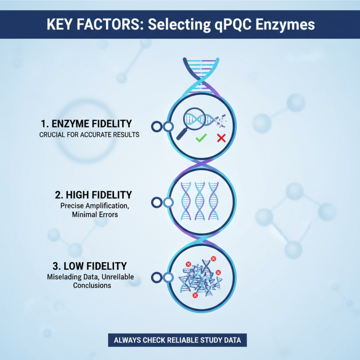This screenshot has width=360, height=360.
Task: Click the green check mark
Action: coord(201,138)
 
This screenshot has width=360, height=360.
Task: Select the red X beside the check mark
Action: coord(221,138)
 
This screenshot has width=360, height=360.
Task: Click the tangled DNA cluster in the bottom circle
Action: coord(200,278)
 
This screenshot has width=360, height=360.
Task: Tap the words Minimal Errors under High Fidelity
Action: coord(94,215)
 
